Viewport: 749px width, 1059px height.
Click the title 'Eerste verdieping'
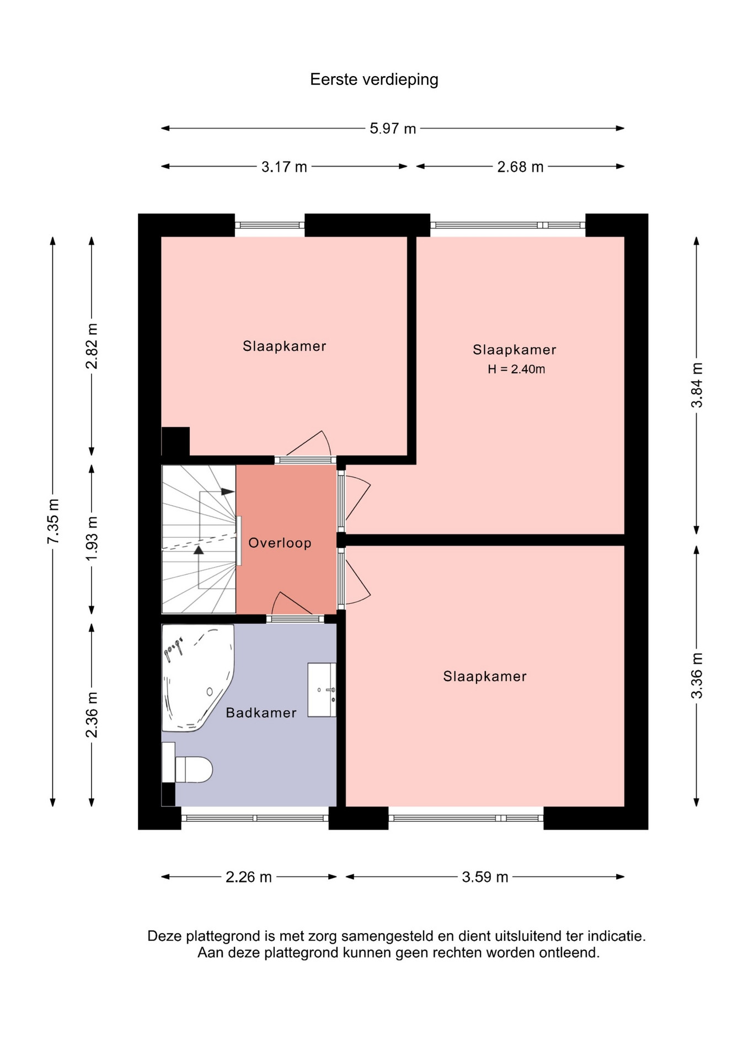(374, 80)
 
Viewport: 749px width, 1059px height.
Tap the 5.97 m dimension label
(393, 129)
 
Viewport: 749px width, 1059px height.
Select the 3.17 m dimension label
(284, 167)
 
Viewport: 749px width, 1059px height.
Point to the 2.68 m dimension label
(520, 167)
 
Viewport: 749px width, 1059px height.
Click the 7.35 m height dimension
(54, 521)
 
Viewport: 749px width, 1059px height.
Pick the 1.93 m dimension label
(92, 538)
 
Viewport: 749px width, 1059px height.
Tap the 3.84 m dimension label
(697, 385)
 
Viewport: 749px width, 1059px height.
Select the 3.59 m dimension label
(485, 877)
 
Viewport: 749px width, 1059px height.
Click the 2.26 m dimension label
(249, 877)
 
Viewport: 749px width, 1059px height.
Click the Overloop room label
(280, 543)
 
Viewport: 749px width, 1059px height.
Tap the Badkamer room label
(261, 713)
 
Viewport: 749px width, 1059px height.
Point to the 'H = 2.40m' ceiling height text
(516, 369)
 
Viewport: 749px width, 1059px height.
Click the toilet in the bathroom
(187, 769)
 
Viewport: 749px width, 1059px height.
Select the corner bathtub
(197, 678)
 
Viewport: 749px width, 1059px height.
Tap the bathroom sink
(322, 689)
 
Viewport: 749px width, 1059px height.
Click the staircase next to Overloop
(199, 539)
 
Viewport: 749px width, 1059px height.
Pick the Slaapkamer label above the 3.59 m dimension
(485, 676)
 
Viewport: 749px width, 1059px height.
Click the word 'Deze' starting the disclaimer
(164, 935)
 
